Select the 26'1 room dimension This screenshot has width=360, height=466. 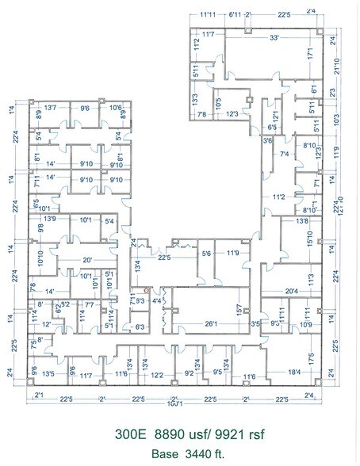pos(210,323)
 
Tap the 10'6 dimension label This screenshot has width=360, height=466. pos(115,107)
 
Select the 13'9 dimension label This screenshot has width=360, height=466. pos(50,219)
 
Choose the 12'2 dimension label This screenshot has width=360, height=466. pos(157,376)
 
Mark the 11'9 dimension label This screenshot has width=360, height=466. pos(233,254)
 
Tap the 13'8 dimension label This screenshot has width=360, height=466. pos(301,221)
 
